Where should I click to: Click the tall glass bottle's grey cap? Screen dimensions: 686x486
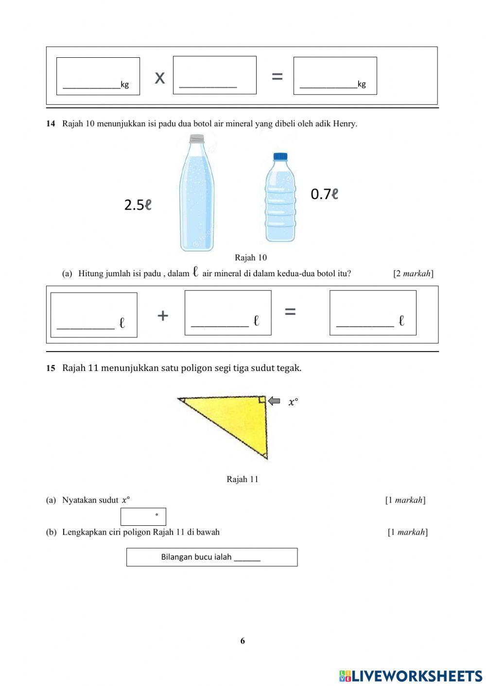197,139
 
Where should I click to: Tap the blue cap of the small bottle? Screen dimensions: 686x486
280,156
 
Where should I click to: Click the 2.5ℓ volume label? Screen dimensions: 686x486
138,205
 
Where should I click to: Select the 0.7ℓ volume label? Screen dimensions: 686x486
324,194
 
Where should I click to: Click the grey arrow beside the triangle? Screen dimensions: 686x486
275,401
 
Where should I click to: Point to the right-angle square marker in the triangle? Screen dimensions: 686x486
261,400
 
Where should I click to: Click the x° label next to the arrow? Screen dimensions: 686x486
293,402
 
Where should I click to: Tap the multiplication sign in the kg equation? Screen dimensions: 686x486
159,77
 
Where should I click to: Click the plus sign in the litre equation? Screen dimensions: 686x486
163,316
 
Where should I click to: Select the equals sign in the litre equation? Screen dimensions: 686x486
290,312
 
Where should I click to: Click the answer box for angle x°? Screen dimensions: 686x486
143,517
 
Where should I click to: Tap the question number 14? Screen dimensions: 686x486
51,124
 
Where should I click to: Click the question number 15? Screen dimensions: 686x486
51,368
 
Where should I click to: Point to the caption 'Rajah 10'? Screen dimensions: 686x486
250,258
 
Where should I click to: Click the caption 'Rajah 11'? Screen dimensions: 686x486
242,479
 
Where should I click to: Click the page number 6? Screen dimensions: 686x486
243,641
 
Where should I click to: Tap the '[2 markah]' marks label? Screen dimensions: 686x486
413,273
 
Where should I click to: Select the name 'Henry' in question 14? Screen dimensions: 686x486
344,124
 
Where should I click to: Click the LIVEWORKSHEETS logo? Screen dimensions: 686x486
411,676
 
